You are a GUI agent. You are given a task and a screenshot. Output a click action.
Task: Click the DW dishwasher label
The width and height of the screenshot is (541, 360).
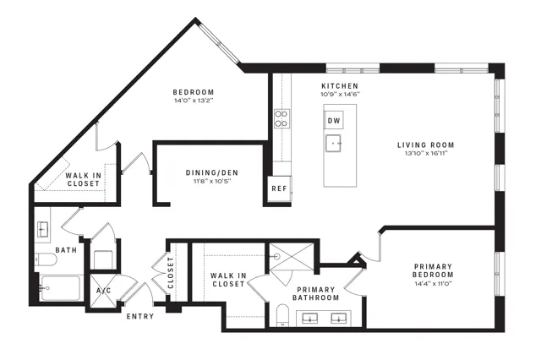click(x=334, y=120)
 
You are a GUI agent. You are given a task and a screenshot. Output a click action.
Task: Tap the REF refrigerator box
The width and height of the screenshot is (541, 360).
click(x=280, y=188)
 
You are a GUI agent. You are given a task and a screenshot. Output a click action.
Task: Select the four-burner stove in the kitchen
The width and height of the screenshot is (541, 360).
click(x=281, y=118)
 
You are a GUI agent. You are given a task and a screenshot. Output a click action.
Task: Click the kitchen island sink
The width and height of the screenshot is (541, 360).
click(x=333, y=143)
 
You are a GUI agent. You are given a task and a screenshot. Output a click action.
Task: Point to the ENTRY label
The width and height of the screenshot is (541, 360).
click(x=140, y=316)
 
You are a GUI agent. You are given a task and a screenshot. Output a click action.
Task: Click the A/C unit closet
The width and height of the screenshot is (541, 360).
click(x=103, y=291)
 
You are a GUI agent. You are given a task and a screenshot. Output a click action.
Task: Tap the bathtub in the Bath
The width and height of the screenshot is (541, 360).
click(x=61, y=288)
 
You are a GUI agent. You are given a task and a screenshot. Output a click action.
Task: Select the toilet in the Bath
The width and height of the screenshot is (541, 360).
click(x=46, y=259)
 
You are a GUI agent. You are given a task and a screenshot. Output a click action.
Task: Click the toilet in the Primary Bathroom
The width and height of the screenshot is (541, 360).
click(x=282, y=315)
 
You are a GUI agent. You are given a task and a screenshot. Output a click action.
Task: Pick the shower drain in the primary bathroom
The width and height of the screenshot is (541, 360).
click(x=277, y=256)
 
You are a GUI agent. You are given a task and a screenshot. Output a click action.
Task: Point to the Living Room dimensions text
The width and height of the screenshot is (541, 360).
click(x=426, y=154)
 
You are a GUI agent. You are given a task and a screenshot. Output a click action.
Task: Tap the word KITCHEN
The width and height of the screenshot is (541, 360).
click(x=340, y=86)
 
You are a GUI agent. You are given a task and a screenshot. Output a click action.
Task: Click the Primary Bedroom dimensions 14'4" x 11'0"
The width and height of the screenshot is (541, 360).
click(x=434, y=284)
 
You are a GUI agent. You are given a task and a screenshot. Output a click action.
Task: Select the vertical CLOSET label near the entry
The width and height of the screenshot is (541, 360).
click(x=171, y=273)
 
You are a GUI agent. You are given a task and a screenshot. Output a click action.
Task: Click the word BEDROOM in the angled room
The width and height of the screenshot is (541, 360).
click(x=194, y=92)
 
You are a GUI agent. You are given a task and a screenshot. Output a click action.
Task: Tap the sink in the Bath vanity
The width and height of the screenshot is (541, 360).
click(x=42, y=229)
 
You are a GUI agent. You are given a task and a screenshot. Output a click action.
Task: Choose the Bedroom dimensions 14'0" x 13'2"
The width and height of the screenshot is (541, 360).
click(x=194, y=101)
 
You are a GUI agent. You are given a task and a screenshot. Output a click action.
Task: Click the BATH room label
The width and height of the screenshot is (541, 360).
click(x=66, y=250)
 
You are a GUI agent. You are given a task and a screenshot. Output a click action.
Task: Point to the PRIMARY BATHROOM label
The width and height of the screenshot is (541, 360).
click(x=315, y=293)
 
